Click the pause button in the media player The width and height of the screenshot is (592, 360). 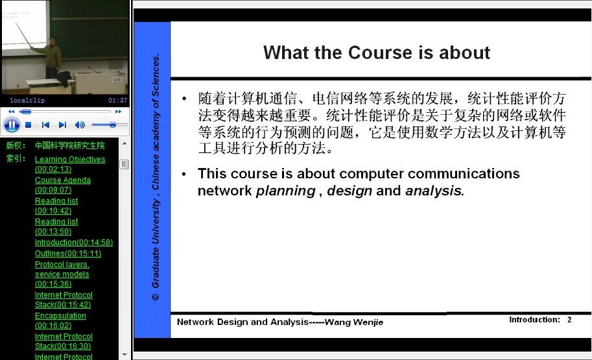12,125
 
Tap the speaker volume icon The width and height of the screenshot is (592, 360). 80,125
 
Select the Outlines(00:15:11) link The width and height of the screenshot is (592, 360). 68,253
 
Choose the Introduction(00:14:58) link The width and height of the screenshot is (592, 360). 74,242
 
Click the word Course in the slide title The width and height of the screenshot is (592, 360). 380,53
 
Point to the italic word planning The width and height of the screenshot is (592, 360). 285,191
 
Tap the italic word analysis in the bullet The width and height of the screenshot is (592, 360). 434,191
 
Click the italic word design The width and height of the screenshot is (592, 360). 349,191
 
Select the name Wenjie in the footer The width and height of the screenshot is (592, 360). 368,322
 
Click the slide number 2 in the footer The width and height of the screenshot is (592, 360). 569,320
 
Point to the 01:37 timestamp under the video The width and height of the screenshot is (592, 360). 117,100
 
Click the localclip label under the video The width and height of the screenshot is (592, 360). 27,100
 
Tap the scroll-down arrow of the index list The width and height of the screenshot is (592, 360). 124,355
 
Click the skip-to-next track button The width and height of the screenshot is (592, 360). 63,125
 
